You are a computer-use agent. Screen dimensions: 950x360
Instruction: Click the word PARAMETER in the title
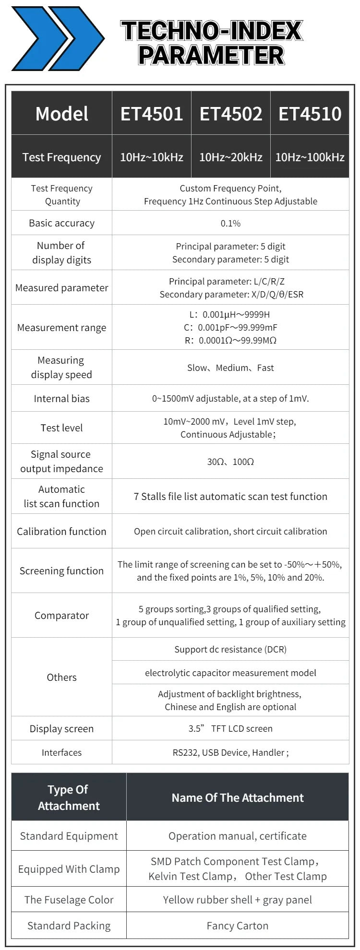pyautogui.click(x=211, y=55)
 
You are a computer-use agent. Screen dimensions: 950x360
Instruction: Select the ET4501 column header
pyautogui.click(x=152, y=114)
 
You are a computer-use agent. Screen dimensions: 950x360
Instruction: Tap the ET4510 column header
pyautogui.click(x=310, y=114)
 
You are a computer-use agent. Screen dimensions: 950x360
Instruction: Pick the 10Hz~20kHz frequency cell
pyautogui.click(x=231, y=157)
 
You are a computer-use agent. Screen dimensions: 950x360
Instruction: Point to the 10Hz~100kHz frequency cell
pyautogui.click(x=310, y=157)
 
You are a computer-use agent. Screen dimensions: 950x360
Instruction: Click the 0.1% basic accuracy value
pyautogui.click(x=230, y=223)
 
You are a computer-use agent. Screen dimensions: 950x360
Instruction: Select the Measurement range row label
pyautogui.click(x=61, y=328)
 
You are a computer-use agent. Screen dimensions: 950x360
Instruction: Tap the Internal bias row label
pyautogui.click(x=61, y=399)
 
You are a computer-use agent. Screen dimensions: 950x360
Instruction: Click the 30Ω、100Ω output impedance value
pyautogui.click(x=230, y=462)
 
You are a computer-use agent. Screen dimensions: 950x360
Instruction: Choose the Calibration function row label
pyautogui.click(x=61, y=532)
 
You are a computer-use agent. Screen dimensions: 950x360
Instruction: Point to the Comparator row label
pyautogui.click(x=61, y=616)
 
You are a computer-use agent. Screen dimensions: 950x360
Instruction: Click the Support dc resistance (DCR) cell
pyautogui.click(x=230, y=649)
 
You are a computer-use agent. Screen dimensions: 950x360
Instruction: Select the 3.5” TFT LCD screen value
pyautogui.click(x=230, y=728)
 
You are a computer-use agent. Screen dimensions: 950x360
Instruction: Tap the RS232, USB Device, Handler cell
pyautogui.click(x=230, y=752)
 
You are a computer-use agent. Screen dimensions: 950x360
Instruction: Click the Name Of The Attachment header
pyautogui.click(x=238, y=797)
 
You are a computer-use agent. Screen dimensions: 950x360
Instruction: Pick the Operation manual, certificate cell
pyautogui.click(x=238, y=836)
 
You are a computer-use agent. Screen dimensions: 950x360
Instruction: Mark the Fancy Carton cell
pyautogui.click(x=238, y=926)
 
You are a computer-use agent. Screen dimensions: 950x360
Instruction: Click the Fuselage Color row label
pyautogui.click(x=69, y=900)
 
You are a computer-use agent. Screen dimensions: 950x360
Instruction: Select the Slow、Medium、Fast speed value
pyautogui.click(x=230, y=368)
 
